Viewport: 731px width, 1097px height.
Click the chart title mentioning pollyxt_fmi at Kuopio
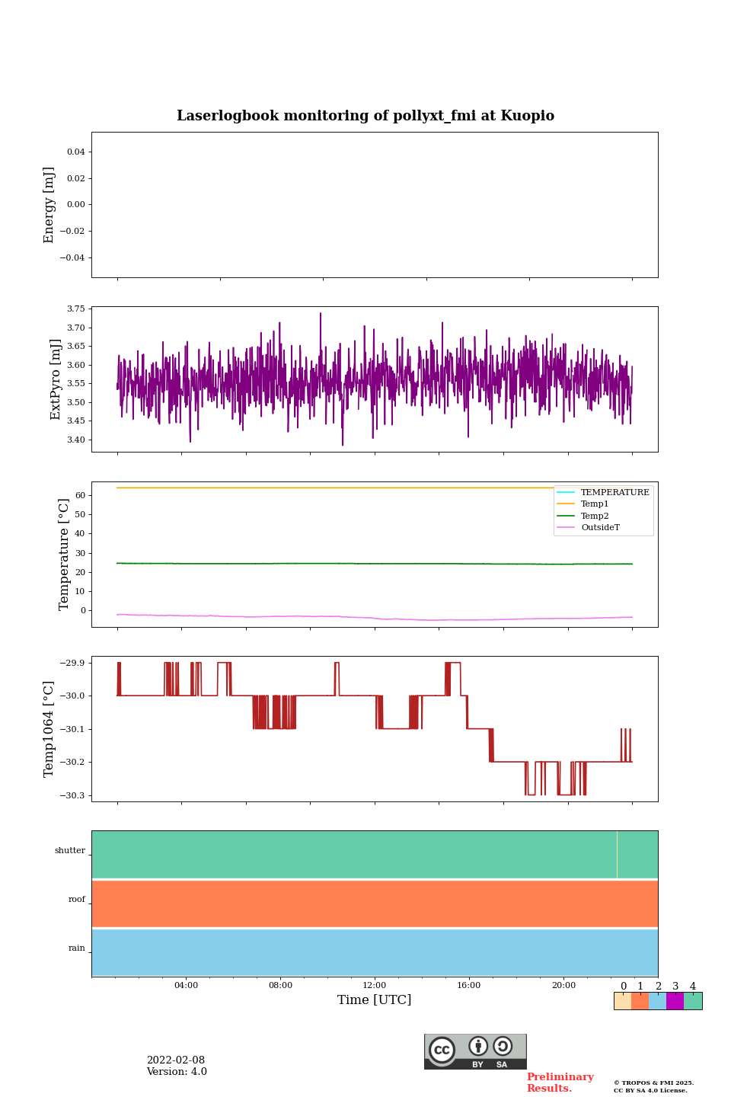(x=365, y=116)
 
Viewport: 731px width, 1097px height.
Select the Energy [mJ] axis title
(x=49, y=205)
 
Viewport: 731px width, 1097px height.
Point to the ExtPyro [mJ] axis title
(x=56, y=379)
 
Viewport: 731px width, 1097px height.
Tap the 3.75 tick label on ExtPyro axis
(x=75, y=309)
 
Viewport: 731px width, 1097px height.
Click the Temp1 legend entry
(x=595, y=504)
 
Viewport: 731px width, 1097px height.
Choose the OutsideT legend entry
(x=600, y=527)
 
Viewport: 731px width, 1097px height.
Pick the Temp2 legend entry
(x=595, y=516)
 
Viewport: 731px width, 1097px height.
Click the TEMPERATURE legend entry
(x=614, y=492)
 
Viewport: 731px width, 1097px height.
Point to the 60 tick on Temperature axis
(x=79, y=495)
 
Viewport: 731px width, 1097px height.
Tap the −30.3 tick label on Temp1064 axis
(x=71, y=795)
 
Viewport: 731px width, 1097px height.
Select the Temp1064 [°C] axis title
(x=49, y=729)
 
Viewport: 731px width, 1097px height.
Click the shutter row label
(x=70, y=851)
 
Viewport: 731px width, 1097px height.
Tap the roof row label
(x=77, y=900)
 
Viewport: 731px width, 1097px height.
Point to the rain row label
(x=77, y=948)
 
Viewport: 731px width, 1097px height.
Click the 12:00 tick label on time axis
(x=375, y=985)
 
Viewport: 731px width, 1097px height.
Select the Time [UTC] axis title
(x=375, y=999)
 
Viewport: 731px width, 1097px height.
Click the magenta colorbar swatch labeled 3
(x=675, y=1001)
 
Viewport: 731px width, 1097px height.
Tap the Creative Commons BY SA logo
(x=475, y=1051)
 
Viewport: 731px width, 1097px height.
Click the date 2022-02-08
(x=176, y=1060)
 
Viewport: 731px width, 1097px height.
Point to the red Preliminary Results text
(x=560, y=1083)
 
